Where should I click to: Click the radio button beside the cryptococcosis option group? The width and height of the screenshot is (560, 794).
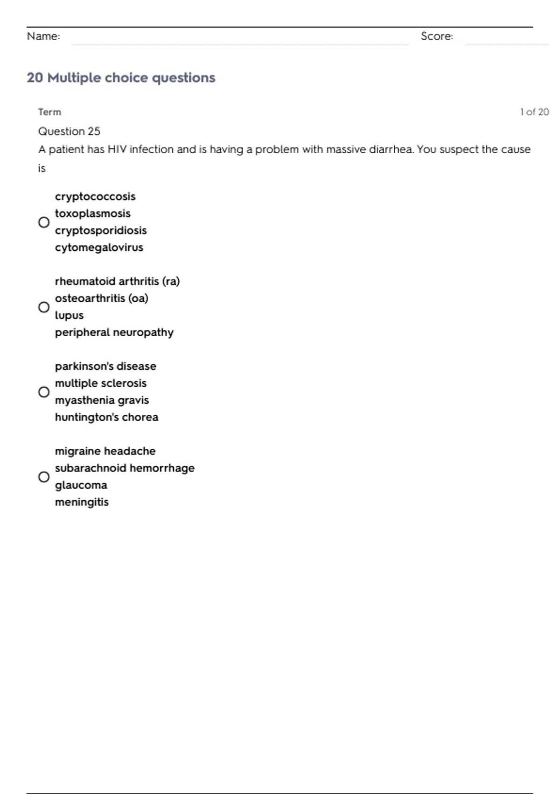[44, 222]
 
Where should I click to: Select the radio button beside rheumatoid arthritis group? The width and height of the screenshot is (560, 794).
[44, 307]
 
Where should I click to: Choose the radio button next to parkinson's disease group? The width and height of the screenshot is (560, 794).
[44, 392]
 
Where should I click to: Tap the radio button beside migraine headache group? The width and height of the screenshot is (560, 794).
[44, 477]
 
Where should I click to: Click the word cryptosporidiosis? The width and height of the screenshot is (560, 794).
[101, 230]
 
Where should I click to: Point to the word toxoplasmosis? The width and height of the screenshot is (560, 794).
[93, 213]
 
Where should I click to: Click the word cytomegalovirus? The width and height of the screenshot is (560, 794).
[99, 248]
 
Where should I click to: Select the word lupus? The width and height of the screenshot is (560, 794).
[69, 315]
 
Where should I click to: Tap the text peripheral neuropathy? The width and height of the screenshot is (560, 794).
[114, 332]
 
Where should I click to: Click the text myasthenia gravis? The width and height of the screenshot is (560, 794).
[102, 400]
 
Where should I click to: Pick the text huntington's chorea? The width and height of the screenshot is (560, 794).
[106, 417]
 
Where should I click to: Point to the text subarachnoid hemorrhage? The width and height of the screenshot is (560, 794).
[125, 468]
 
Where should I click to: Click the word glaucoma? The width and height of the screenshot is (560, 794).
[81, 485]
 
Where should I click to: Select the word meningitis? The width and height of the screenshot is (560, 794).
[82, 502]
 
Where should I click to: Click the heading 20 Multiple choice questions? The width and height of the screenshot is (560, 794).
[121, 78]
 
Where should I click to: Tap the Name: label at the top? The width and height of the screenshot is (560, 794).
[43, 36]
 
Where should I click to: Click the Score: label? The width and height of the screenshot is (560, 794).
[437, 36]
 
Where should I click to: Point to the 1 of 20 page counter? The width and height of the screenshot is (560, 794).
[534, 112]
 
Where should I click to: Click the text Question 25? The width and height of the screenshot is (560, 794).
[69, 131]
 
